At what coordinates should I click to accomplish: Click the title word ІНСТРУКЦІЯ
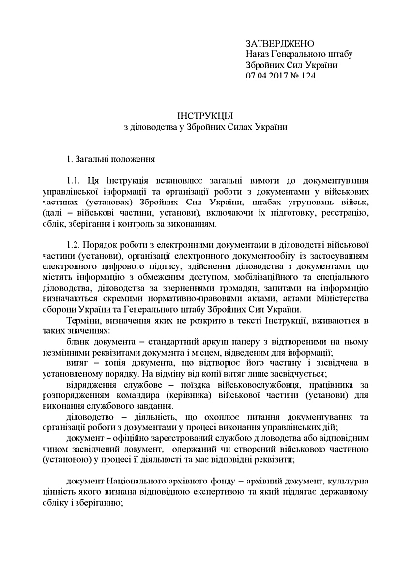(x=198, y=116)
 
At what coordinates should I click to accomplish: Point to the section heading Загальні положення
(x=109, y=157)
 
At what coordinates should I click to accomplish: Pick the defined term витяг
(x=95, y=367)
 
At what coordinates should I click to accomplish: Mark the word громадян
(x=225, y=286)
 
